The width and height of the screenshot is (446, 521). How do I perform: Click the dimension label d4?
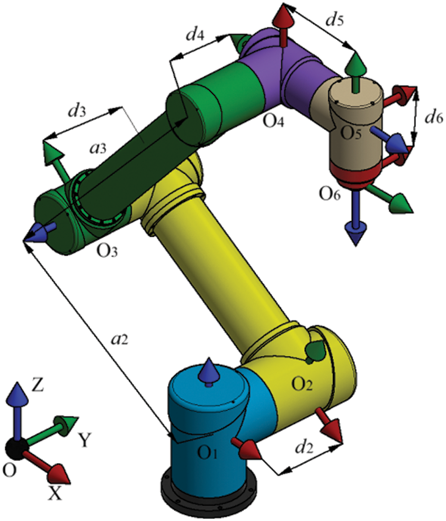coord(193,36)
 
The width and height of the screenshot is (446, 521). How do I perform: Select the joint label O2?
coord(302,384)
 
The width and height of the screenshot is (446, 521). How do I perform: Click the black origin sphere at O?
coord(17,449)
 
